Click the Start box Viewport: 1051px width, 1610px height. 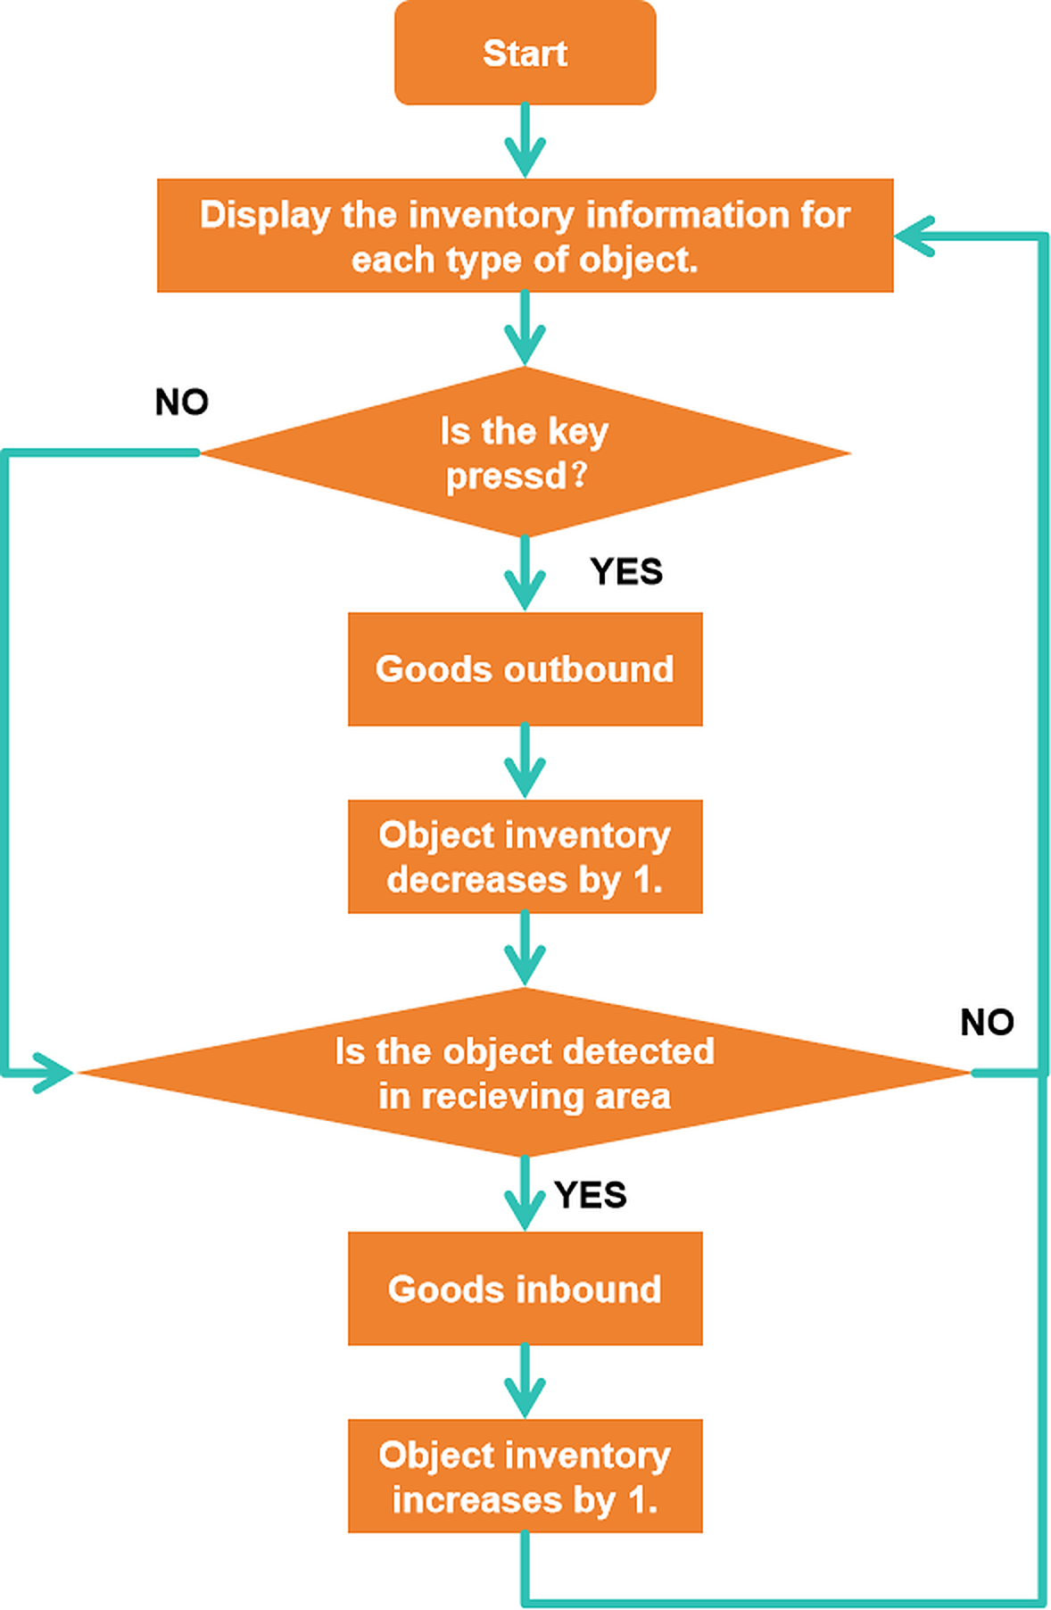click(525, 53)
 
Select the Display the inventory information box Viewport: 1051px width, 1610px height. click(525, 236)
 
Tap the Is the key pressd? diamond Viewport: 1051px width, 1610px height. click(525, 452)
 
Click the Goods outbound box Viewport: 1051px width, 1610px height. click(525, 668)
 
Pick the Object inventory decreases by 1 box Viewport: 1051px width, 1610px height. click(525, 857)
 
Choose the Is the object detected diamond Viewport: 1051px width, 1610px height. click(525, 1073)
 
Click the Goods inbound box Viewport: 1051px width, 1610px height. click(525, 1289)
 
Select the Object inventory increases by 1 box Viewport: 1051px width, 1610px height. click(525, 1476)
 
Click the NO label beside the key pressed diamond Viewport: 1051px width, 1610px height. click(182, 402)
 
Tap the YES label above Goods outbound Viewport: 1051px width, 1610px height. click(626, 572)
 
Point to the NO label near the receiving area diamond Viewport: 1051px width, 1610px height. click(987, 1023)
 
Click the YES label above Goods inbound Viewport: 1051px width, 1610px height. click(590, 1195)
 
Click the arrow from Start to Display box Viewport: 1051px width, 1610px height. click(525, 141)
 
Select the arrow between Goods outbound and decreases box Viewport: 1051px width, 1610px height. click(525, 762)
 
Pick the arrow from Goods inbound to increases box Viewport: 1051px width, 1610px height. click(525, 1382)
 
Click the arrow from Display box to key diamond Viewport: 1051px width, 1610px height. click(525, 329)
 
